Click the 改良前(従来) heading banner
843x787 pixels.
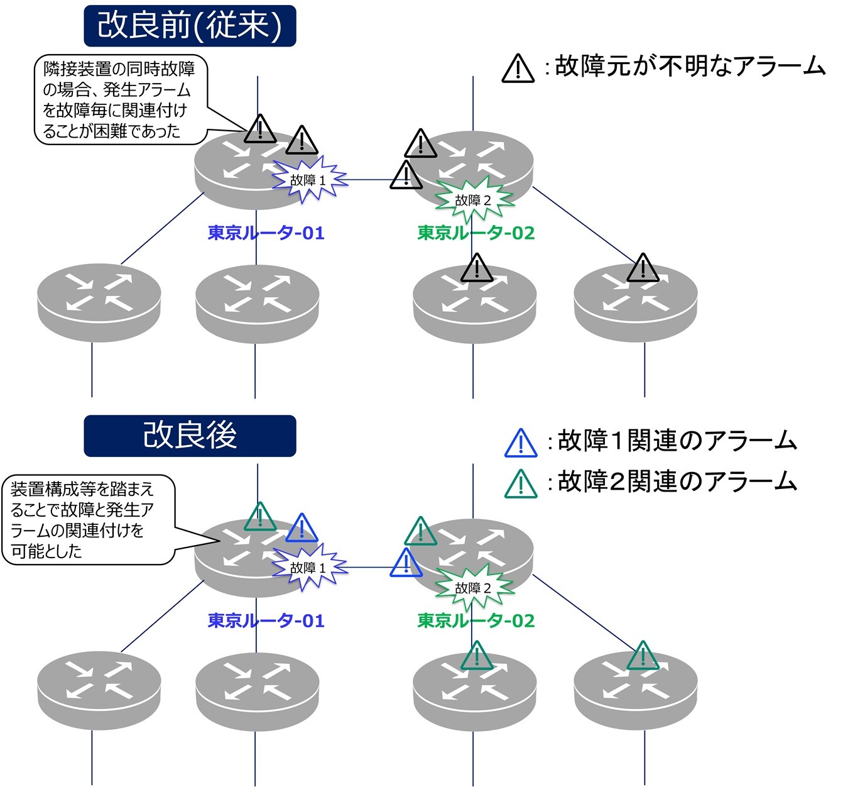point(190,26)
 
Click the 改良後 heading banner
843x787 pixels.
point(190,436)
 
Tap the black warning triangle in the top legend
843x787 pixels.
point(518,68)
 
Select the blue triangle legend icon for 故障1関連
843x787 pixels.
point(521,443)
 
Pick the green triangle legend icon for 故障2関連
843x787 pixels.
point(521,484)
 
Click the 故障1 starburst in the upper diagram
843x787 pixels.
point(309,180)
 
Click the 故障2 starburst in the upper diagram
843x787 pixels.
point(474,200)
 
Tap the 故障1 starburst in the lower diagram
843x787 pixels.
point(309,568)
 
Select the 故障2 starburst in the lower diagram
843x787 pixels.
point(474,588)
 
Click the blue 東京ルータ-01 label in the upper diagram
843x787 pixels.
point(266,233)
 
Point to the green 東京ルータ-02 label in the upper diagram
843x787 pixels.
point(476,233)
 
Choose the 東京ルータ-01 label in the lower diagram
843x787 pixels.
point(266,621)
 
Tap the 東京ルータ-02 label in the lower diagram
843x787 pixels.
point(476,621)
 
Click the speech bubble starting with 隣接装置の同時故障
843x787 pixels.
point(121,99)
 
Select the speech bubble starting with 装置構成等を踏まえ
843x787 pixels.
point(89,520)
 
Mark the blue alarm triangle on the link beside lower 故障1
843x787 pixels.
point(406,563)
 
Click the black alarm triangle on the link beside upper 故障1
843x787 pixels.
point(406,175)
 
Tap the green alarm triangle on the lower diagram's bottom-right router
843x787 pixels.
point(643,656)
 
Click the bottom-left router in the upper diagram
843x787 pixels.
point(99,302)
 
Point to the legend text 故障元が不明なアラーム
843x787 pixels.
point(690,67)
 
